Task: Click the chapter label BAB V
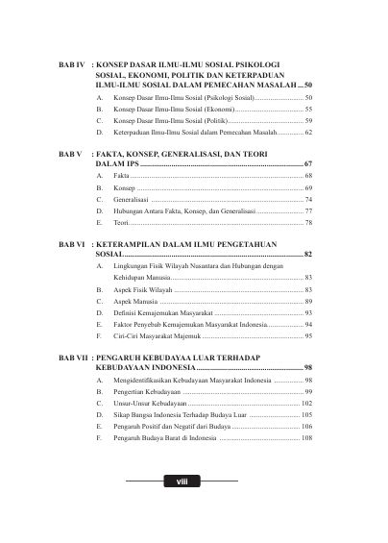click(70, 154)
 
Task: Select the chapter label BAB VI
click(72, 243)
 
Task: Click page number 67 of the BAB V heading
click(308, 165)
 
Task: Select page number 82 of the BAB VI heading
click(308, 255)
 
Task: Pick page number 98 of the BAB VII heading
click(308, 367)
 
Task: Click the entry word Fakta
click(120, 178)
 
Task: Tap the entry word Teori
click(121, 222)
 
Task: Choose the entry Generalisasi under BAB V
click(132, 200)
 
